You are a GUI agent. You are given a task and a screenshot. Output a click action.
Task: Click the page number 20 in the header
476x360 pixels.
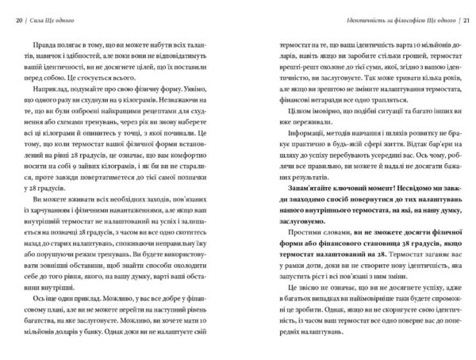click(19, 18)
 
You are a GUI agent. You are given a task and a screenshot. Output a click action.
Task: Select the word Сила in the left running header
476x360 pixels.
click(38, 18)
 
